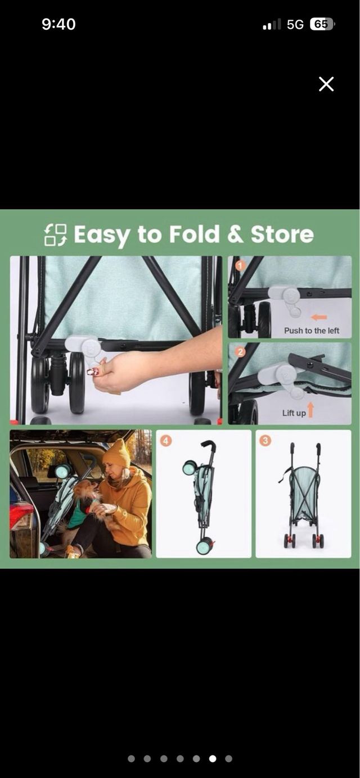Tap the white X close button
coord(326,84)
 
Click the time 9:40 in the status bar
coord(58,24)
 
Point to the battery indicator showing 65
coord(322,24)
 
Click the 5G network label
coord(295,24)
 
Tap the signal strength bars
coord(272,24)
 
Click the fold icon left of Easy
coord(55,235)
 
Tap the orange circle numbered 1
coord(240,266)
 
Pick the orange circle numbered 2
coord(240,352)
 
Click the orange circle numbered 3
coord(265,440)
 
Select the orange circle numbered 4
coord(166,441)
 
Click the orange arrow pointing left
coord(319,317)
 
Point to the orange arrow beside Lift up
coord(310,409)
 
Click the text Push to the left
coord(312,331)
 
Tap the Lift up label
coord(294,413)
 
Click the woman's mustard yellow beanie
coord(117,454)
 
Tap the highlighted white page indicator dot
coord(212,758)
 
